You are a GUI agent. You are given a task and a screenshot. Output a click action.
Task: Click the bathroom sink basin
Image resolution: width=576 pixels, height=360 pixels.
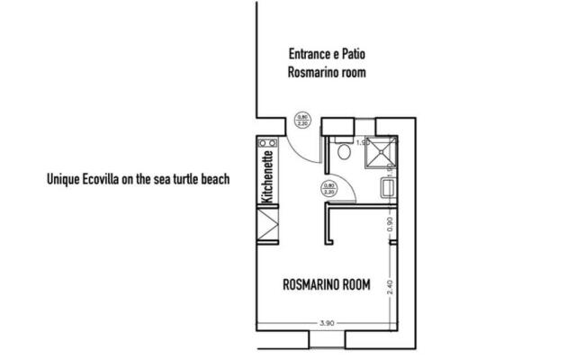[386, 188]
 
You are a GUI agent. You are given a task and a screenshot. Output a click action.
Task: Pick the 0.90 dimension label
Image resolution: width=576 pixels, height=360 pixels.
[389, 225]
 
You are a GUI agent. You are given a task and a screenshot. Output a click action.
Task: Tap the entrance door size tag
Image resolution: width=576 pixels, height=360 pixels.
[303, 118]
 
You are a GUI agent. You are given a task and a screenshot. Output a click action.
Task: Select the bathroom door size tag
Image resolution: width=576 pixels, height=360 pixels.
[328, 190]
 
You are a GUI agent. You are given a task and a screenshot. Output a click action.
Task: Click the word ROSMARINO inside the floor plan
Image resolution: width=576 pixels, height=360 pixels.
[308, 286]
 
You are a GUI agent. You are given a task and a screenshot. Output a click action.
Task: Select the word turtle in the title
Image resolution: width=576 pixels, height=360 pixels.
[184, 179]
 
